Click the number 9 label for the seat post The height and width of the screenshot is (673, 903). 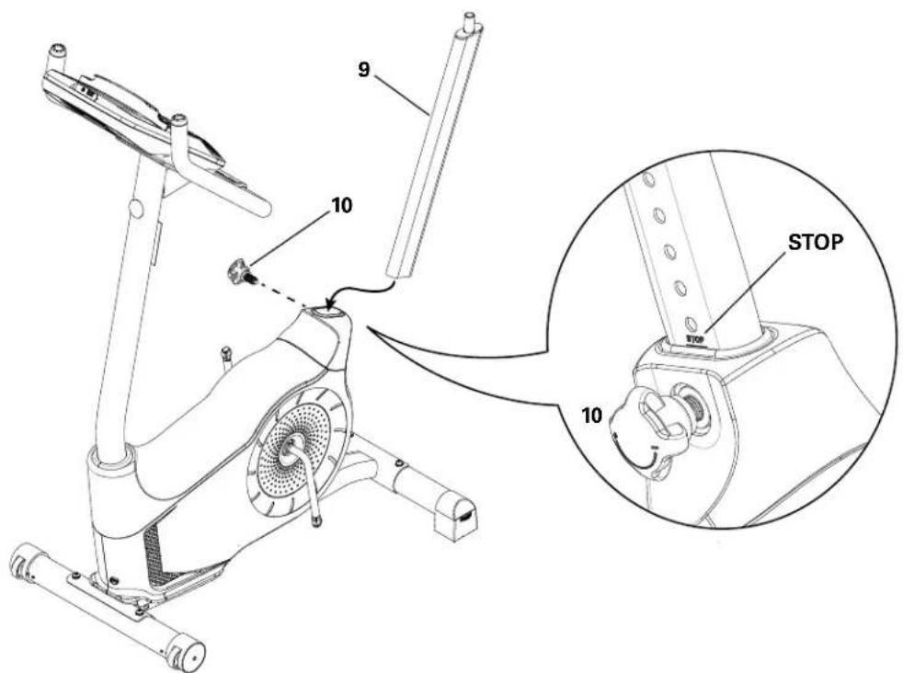365,70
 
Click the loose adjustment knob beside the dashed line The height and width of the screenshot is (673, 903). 242,271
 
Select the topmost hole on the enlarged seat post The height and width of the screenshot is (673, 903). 648,180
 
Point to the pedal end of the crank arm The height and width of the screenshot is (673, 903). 316,520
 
